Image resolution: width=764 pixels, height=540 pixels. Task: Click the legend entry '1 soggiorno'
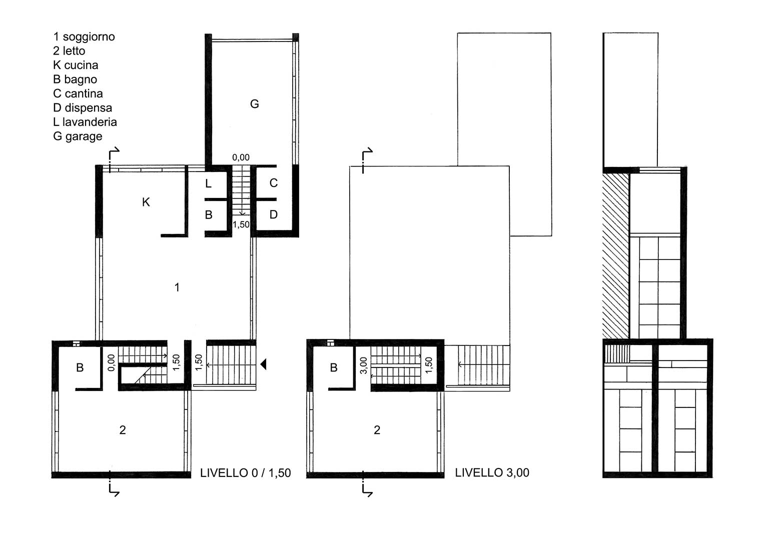(x=84, y=37)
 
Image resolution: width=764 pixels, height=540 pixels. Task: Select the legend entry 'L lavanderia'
(x=85, y=121)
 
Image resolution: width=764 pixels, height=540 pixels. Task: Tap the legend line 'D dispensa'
(x=83, y=107)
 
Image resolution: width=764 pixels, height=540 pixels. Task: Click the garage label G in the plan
(x=255, y=103)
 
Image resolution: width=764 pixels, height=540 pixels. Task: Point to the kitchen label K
(x=146, y=202)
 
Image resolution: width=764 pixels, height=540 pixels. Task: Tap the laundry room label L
(x=209, y=184)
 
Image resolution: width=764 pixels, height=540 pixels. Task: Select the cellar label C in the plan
(x=273, y=183)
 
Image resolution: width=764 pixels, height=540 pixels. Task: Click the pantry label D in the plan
(x=273, y=214)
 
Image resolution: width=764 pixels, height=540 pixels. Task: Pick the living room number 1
(x=177, y=287)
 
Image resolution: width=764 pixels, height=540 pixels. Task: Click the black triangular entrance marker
(x=263, y=364)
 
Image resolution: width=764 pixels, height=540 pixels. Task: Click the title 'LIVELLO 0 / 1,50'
(x=245, y=473)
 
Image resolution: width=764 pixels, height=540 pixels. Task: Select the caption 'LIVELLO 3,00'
(x=492, y=472)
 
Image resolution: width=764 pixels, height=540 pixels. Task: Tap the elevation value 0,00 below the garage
(x=241, y=157)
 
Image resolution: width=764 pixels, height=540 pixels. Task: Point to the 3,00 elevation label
(x=364, y=365)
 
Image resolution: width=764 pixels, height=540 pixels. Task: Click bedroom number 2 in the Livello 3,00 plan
(x=377, y=430)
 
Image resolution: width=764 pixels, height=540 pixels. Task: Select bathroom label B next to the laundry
(x=209, y=215)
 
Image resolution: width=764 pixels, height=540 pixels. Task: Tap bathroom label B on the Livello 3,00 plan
(x=334, y=367)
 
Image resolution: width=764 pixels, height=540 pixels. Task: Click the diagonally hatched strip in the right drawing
(x=615, y=256)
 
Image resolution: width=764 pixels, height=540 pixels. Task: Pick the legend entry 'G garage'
(x=78, y=136)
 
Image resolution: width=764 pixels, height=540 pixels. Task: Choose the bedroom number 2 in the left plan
(x=123, y=430)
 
